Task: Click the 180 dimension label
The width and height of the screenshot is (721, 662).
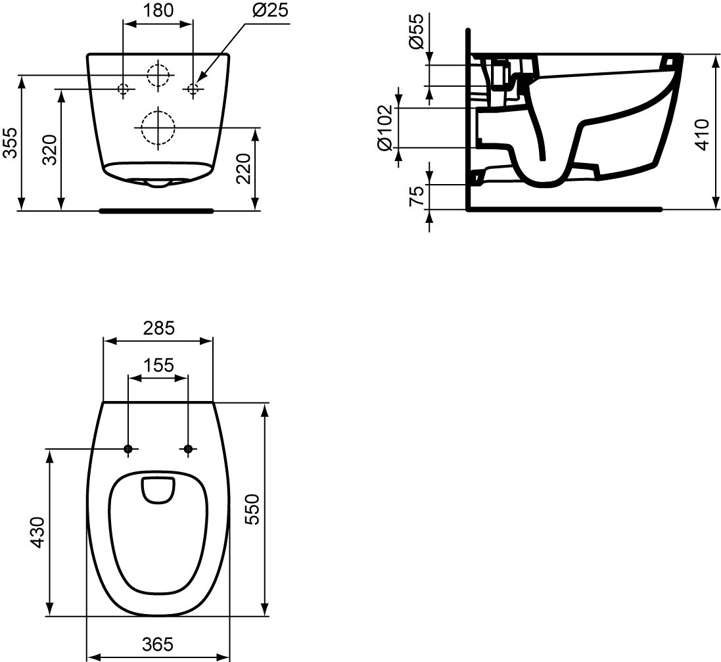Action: pos(158,10)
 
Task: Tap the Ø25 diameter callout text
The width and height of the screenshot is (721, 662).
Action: pos(270,10)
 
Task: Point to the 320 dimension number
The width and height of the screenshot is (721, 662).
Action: pos(49,149)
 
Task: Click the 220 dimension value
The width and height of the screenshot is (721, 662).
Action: pos(244,168)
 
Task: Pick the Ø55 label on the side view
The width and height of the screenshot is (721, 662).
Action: pos(415,31)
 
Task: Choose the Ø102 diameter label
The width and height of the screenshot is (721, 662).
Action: pos(384,128)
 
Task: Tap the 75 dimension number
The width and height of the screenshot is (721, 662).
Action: pos(417,196)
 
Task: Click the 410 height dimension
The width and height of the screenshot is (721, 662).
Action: pos(702,134)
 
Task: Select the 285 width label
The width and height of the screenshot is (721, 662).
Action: pos(158,327)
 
